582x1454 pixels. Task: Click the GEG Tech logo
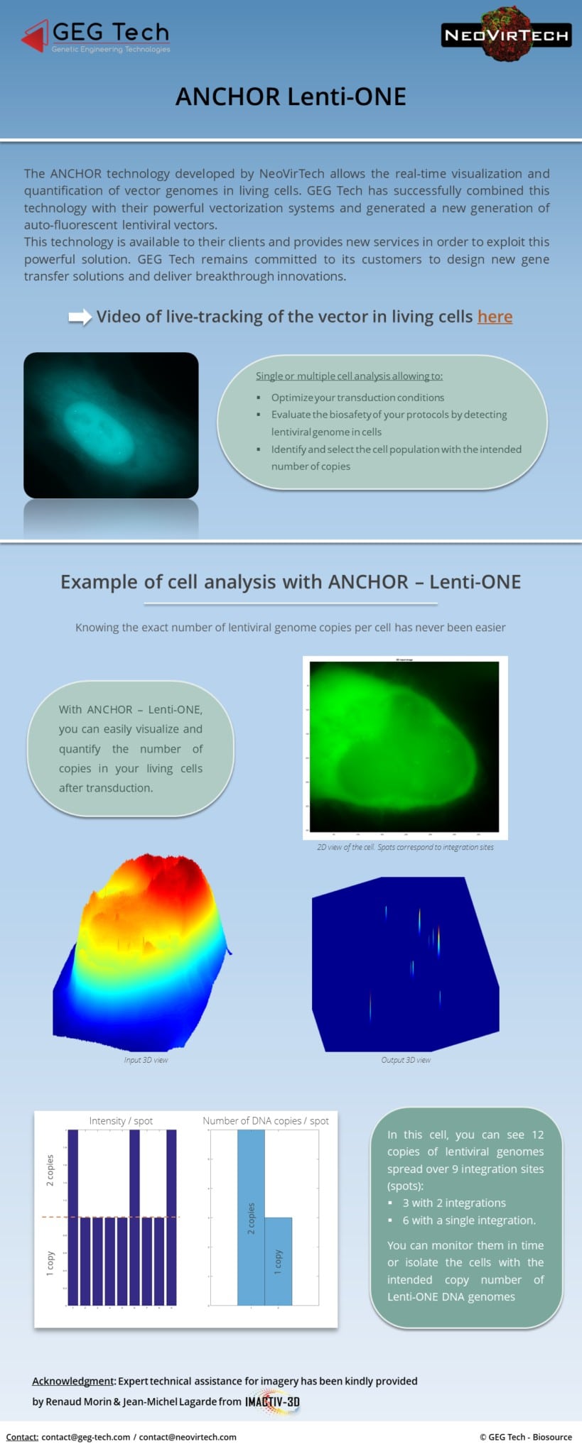coord(96,36)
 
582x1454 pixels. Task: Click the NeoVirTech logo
coord(506,35)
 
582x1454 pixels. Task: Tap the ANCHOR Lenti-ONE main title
coord(291,97)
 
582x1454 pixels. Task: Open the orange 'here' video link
coord(495,317)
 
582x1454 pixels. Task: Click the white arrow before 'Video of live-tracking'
coord(80,317)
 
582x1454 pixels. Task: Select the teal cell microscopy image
coord(111,425)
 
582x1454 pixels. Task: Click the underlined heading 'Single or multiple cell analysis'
coord(349,376)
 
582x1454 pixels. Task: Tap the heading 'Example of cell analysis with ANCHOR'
coord(291,582)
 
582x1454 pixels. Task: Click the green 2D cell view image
coord(404,746)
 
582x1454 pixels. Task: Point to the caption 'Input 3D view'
coord(146,1060)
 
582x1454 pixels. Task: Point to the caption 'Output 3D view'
coord(406,1060)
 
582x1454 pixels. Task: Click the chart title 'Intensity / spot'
coord(121,1120)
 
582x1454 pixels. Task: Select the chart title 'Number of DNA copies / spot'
coord(266,1120)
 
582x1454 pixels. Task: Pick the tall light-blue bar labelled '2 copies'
coord(251,1218)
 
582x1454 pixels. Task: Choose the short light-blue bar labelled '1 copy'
coord(278,1261)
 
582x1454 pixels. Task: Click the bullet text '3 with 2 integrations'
coord(454,1203)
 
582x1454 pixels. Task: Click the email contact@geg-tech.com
coord(85,1437)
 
